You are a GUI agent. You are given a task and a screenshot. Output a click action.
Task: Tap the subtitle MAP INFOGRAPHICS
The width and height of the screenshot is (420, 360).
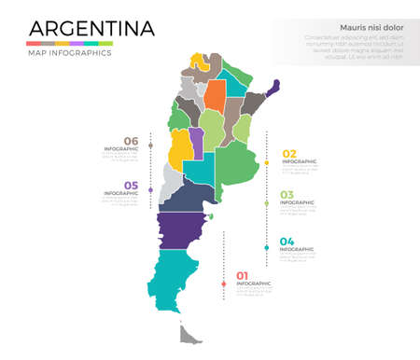click(x=69, y=53)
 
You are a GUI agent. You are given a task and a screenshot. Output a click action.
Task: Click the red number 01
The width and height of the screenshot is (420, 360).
click(x=243, y=275)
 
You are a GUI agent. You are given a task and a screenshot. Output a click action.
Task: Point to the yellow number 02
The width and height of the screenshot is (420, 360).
click(x=289, y=154)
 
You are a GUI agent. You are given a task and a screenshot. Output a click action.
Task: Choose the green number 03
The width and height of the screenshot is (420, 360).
click(x=287, y=195)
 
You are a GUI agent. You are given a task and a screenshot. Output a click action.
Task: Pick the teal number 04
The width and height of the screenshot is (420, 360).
click(x=287, y=242)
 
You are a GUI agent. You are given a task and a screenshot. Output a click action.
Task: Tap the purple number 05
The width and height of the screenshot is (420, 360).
click(x=131, y=186)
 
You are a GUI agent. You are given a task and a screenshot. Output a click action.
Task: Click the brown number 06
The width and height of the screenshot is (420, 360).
click(x=131, y=141)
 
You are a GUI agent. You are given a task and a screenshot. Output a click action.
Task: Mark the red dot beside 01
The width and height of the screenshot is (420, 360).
click(x=223, y=284)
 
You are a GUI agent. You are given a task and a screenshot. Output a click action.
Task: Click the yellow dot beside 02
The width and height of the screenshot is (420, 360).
click(x=267, y=163)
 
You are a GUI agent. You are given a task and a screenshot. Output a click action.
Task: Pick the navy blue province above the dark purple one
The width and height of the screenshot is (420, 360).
click(x=190, y=196)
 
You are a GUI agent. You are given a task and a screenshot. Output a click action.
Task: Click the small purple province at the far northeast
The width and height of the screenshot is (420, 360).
click(x=273, y=89)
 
